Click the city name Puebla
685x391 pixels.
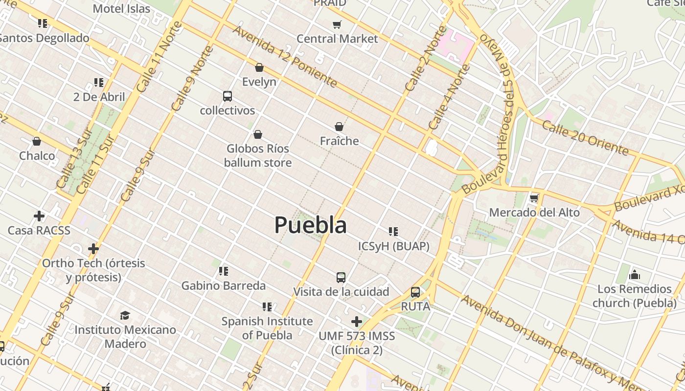tap(311, 225)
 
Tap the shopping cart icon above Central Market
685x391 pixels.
tap(337, 24)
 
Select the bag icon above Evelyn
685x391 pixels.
tap(259, 67)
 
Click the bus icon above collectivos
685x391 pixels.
tap(227, 96)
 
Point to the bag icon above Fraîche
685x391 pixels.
tap(339, 127)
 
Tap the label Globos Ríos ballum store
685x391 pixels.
tap(258, 155)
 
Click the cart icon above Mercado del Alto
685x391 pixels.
tap(534, 198)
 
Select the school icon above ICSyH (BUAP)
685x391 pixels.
tap(393, 232)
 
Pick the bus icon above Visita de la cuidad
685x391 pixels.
tap(341, 278)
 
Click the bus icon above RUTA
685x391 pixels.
tap(415, 292)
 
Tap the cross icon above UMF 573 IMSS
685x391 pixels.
tap(357, 322)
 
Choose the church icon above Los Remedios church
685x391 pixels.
tap(635, 275)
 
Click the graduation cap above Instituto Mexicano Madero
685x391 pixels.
tap(125, 315)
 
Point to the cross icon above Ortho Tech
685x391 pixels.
tap(93, 249)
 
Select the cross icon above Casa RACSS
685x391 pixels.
tap(39, 216)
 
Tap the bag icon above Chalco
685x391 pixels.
tap(37, 142)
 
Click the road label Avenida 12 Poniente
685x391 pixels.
tap(284, 57)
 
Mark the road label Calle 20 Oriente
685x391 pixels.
tap(585, 138)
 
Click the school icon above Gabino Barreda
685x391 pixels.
tap(224, 271)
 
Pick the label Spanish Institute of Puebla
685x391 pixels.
tap(267, 328)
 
